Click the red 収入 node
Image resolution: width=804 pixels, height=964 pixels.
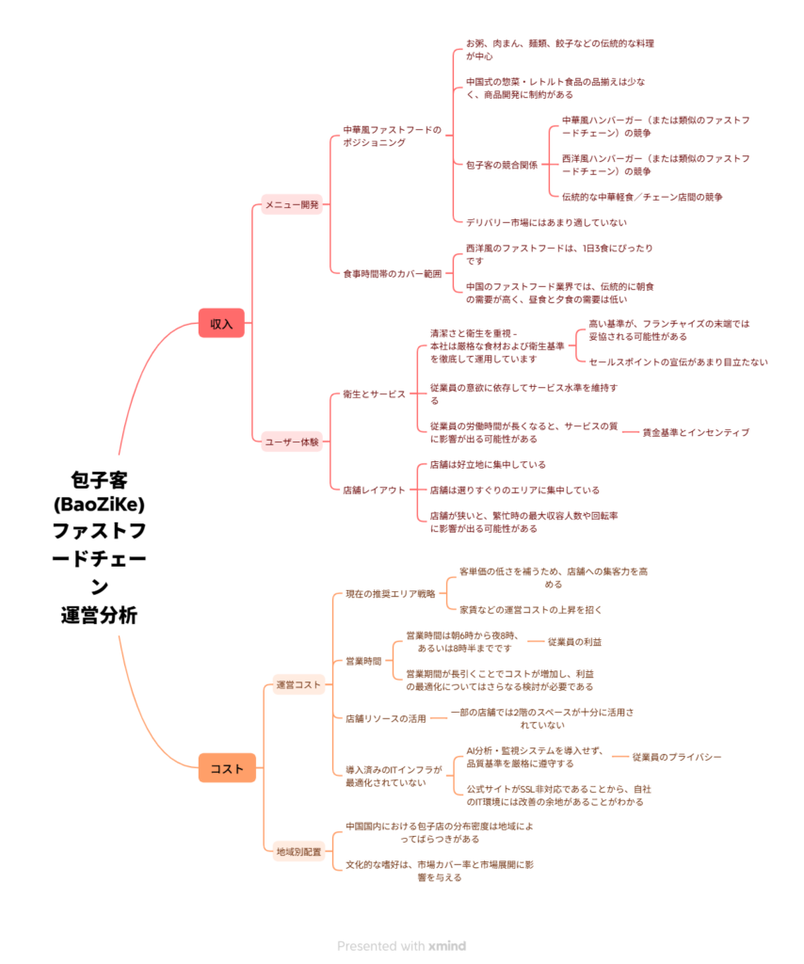tap(221, 323)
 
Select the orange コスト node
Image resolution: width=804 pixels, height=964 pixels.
tap(227, 768)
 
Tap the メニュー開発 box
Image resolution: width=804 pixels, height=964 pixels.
tap(291, 204)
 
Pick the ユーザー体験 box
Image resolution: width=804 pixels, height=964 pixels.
tap(291, 441)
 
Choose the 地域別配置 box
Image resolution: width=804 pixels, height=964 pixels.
tap(298, 851)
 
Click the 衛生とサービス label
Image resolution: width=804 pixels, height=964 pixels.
tap(374, 394)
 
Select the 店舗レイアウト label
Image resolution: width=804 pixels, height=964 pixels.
tap(374, 490)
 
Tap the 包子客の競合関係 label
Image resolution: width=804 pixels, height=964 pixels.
tap(502, 165)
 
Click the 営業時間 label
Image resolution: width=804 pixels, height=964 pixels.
tap(363, 660)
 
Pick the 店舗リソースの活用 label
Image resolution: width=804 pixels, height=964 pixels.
tap(386, 718)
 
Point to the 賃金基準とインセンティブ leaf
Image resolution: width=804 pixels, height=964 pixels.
tap(696, 432)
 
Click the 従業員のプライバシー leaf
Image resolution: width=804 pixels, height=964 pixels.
tap(677, 757)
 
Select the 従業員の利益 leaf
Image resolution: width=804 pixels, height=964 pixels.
tap(574, 641)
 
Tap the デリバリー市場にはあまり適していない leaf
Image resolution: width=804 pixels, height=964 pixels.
tap(546, 222)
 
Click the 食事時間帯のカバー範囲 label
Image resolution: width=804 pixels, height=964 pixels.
tap(392, 273)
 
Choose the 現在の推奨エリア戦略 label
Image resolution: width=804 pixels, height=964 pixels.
tap(391, 594)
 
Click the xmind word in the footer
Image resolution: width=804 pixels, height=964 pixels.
tap(447, 946)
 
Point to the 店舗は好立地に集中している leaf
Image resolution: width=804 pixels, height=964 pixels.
tap(488, 464)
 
